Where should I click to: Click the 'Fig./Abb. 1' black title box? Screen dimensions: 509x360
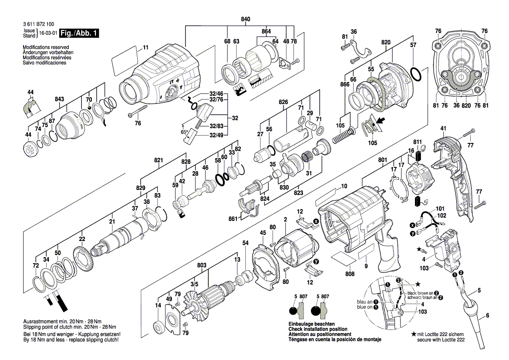[x=80, y=33]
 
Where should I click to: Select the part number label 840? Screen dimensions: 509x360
[x=246, y=20]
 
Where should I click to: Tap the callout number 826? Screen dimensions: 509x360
[x=283, y=102]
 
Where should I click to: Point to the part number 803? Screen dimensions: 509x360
[x=202, y=265]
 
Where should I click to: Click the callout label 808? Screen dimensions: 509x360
[x=350, y=274]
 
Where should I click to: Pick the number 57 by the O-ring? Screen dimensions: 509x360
[x=413, y=45]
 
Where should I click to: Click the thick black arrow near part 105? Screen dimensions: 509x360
[x=380, y=122]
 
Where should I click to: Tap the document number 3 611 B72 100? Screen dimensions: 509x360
[x=39, y=24]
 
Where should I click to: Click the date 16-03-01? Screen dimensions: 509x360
[x=48, y=33]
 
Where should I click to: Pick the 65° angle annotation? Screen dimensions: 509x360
[x=184, y=132]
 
